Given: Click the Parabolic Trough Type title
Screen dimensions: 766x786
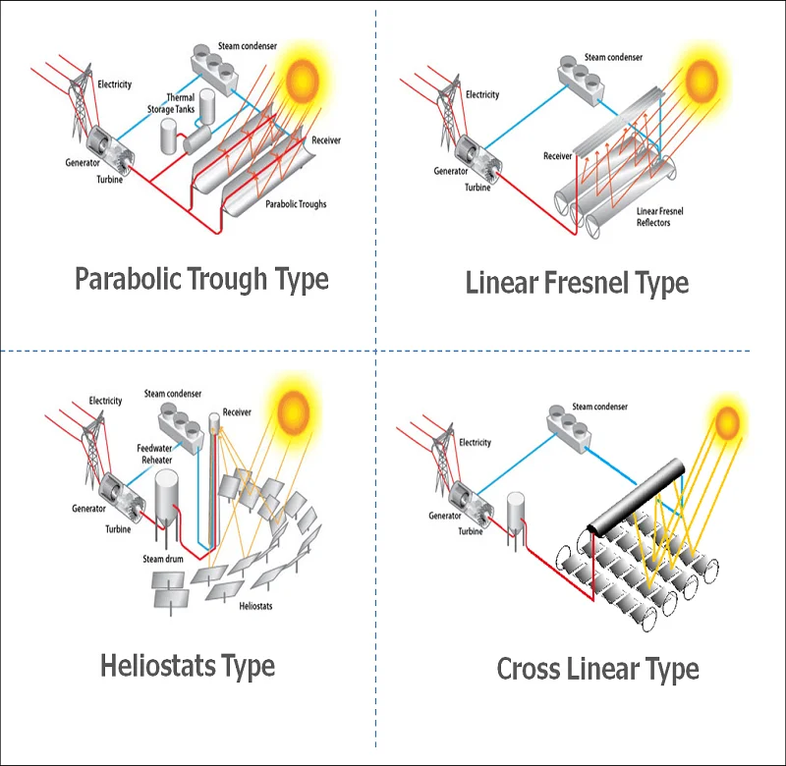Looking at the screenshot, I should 201,279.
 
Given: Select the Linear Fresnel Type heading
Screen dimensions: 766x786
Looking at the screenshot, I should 577,284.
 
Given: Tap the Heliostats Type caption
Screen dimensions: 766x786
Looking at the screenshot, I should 187,666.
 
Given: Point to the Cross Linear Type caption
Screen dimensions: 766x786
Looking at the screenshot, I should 597,671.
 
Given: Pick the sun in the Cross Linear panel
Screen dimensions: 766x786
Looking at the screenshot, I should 727,423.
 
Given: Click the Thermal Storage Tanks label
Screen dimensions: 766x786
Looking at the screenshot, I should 182,103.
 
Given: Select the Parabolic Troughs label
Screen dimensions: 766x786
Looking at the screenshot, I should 295,204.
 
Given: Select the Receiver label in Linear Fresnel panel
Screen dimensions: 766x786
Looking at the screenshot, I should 557,156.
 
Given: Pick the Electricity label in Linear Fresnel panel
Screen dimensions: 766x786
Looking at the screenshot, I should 482,95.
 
